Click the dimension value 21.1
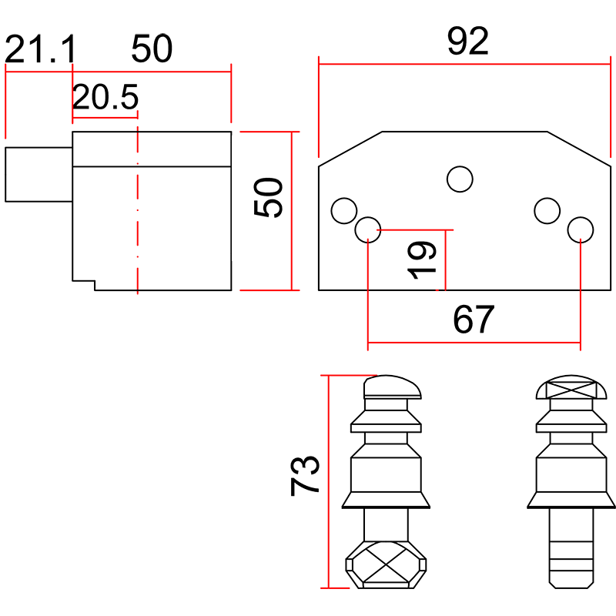40,51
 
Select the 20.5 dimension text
105,98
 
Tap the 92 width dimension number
467,42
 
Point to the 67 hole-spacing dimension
473,320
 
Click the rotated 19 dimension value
422,259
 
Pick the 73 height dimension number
306,475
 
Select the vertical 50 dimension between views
269,198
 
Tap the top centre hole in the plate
460,179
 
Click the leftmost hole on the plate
343,210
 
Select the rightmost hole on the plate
580,229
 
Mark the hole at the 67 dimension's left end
368,229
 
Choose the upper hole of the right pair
546,210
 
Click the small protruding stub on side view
38,174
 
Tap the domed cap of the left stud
393,386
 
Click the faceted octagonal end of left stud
383,565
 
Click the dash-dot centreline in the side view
137,208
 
